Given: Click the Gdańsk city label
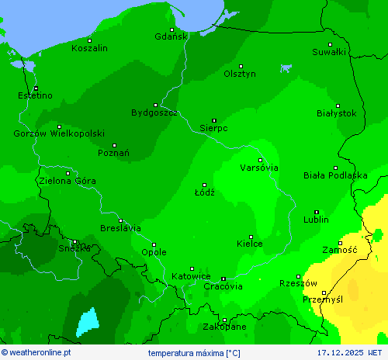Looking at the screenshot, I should tap(171, 36).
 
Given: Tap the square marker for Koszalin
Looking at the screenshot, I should tap(90, 40).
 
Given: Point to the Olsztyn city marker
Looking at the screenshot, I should tap(241, 66).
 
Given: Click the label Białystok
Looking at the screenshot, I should tap(337, 113).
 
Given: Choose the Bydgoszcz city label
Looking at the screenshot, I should tap(154, 113).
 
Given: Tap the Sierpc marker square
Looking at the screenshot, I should tap(214, 120).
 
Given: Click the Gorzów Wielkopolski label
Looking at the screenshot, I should tap(59, 133).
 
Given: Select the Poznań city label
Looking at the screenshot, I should tap(113, 154).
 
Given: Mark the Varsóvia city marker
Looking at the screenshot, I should tap(261, 160).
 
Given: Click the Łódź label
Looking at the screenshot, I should tap(204, 192).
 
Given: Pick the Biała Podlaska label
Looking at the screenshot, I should tap(335, 175).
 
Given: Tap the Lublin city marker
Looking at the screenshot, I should tap(317, 212).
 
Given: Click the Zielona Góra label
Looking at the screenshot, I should tap(68, 181).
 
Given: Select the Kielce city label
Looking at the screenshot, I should tap(249, 244).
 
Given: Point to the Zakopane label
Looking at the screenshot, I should tap(224, 327).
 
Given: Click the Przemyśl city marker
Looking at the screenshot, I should tap(324, 292).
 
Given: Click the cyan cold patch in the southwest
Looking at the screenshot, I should tap(88, 321).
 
